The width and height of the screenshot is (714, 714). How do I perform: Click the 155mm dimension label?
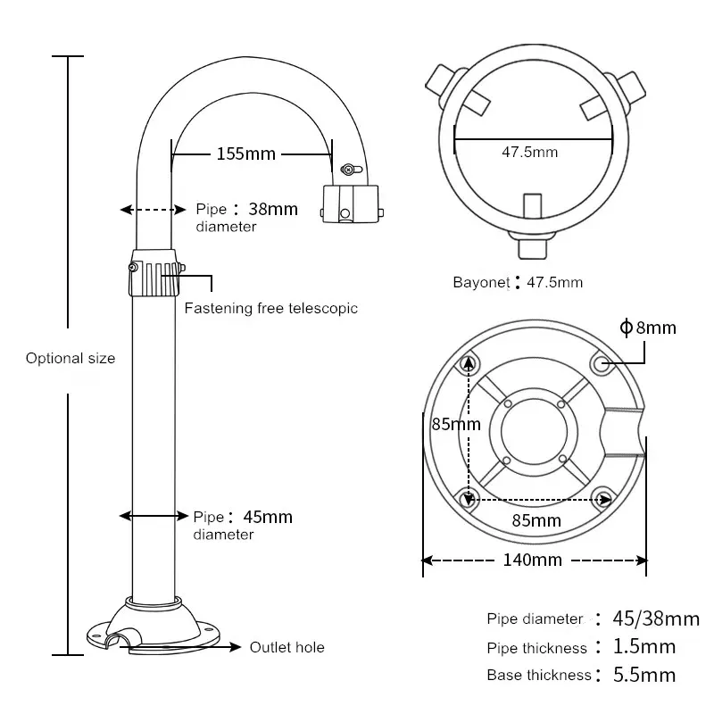(246, 154)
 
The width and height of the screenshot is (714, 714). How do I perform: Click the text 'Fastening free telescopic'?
(270, 309)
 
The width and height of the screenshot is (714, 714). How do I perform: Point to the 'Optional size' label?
(71, 359)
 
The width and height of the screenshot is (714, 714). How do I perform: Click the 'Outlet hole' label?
(286, 647)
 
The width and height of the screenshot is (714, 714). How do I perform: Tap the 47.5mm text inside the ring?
(529, 152)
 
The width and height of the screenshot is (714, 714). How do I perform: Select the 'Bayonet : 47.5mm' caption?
(518, 283)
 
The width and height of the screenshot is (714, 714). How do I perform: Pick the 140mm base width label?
(532, 560)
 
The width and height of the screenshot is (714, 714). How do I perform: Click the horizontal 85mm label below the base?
(536, 519)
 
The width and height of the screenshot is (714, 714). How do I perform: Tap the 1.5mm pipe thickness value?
(643, 647)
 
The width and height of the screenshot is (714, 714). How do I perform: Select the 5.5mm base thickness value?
(643, 675)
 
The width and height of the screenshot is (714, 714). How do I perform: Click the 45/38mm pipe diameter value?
(656, 619)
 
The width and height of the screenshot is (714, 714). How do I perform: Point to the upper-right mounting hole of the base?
(602, 362)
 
